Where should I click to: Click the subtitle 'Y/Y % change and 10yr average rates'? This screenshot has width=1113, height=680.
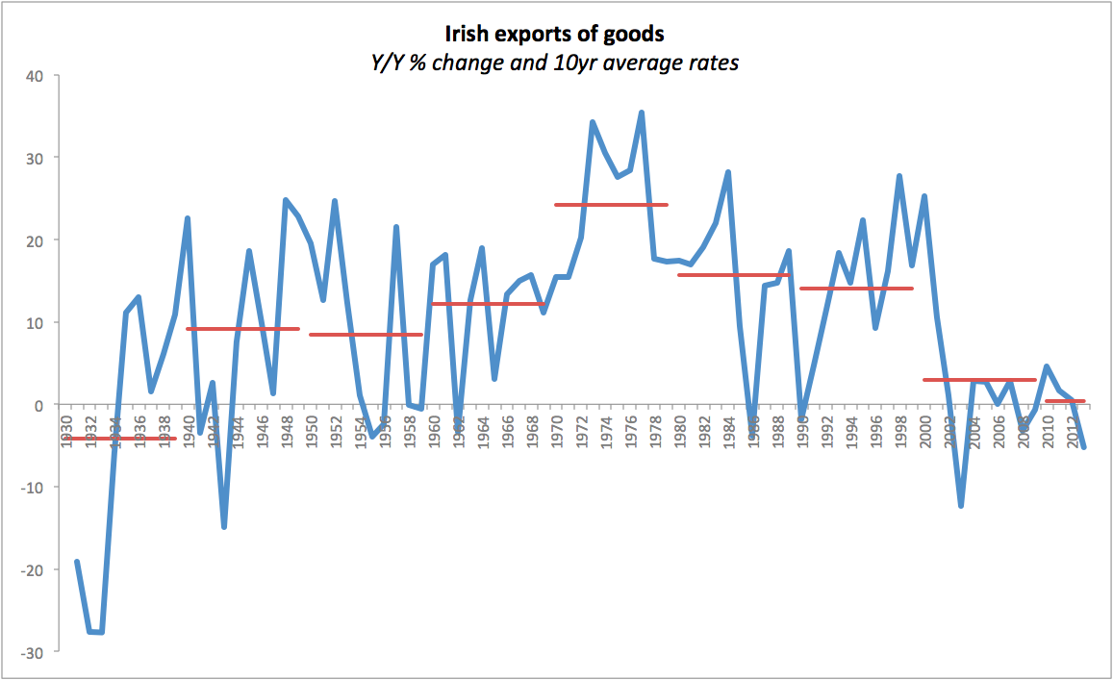(x=554, y=63)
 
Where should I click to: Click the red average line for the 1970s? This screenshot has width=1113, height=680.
(x=611, y=205)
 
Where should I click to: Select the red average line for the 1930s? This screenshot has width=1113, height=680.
(x=120, y=439)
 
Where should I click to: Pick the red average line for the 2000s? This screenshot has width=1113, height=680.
(x=979, y=380)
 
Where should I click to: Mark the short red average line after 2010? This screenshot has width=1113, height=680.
(x=1065, y=401)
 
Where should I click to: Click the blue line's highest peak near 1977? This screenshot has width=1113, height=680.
(x=642, y=113)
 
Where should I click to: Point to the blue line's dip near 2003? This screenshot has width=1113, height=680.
(x=961, y=505)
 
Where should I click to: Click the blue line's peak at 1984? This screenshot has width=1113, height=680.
(x=728, y=173)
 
